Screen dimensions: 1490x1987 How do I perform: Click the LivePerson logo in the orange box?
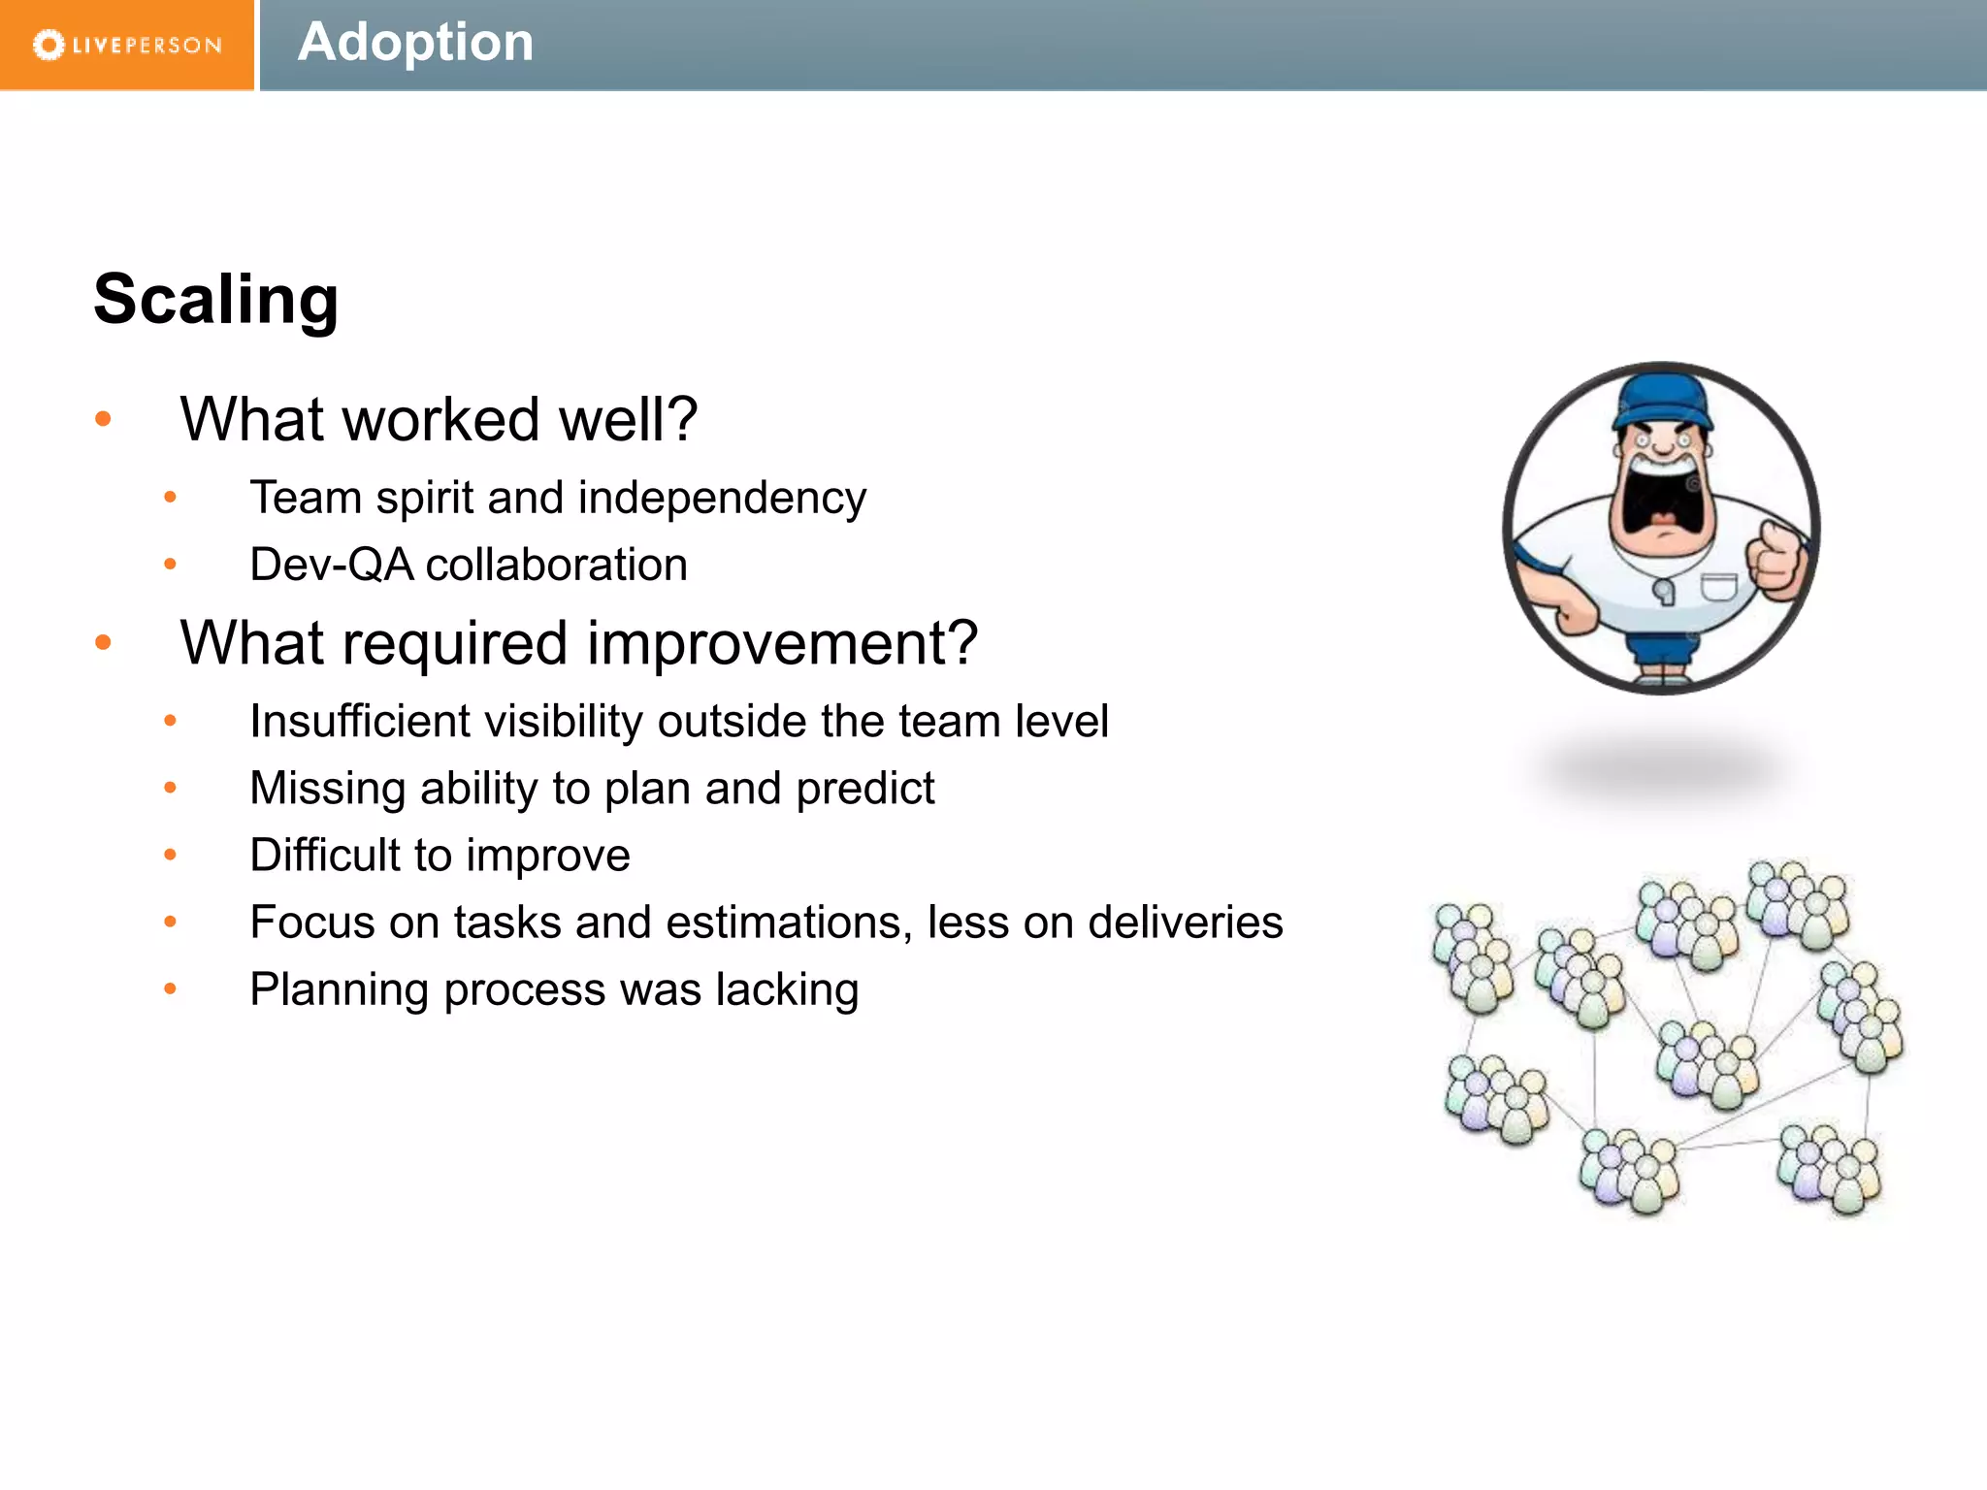[127, 45]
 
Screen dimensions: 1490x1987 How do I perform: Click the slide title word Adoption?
[415, 43]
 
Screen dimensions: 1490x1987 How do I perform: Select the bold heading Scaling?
[216, 300]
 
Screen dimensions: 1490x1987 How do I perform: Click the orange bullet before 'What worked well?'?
[104, 419]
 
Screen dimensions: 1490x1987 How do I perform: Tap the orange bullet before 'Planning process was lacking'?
[171, 989]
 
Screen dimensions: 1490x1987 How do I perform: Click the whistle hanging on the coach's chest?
[1663, 592]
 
